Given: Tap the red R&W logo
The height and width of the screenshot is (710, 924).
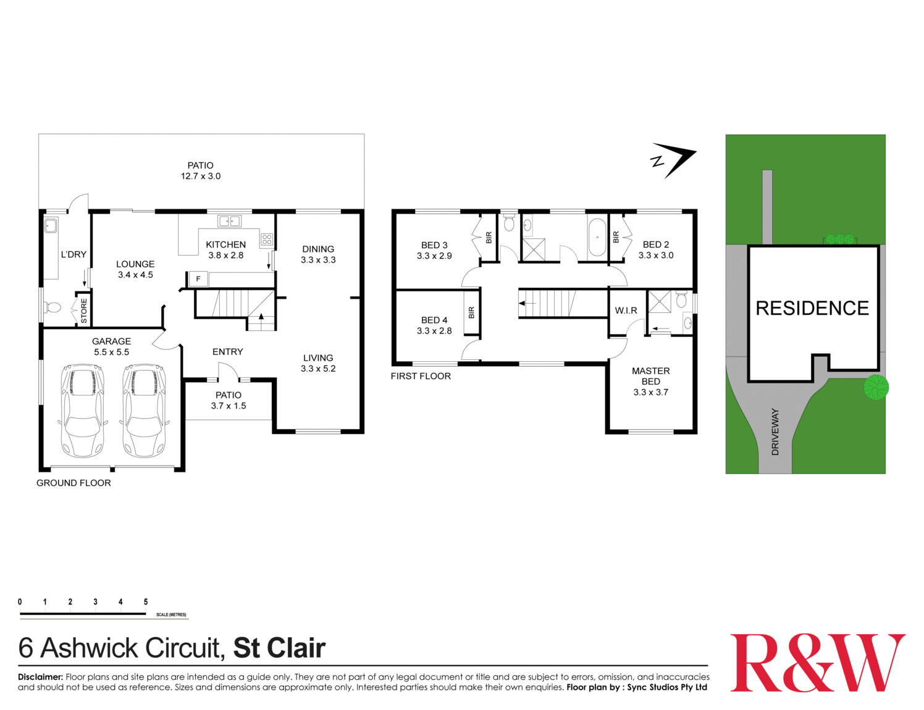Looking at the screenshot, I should tap(817, 662).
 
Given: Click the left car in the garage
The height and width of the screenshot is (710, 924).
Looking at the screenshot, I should tap(83, 411).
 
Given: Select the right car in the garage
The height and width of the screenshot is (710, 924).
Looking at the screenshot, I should tap(144, 411).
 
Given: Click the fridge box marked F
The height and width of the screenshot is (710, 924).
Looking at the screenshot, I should tap(198, 279).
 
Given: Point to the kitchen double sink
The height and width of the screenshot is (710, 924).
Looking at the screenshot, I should tap(229, 221).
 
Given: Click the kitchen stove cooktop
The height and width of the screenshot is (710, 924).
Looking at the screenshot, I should tap(267, 240).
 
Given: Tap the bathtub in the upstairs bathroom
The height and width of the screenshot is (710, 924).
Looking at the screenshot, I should tap(597, 237).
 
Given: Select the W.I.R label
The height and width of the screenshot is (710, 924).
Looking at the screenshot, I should tap(626, 311).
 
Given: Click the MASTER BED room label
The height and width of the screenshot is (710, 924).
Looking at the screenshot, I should tap(650, 376).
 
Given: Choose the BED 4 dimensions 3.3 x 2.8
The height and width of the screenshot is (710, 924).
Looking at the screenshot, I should tap(434, 331).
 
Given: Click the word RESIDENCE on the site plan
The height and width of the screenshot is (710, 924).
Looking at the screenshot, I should tap(812, 308).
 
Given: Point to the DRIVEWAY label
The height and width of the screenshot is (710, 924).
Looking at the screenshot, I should tap(775, 432).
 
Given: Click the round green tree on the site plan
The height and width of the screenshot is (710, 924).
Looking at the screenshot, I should tap(876, 387).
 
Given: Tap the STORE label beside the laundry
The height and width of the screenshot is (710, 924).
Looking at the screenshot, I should tap(84, 311).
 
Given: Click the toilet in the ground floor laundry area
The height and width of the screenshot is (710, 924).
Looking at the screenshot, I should tap(53, 307).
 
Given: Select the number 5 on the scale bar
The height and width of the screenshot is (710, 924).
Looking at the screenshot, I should tap(146, 602).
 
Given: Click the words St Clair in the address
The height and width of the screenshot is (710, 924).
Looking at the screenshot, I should tap(279, 648).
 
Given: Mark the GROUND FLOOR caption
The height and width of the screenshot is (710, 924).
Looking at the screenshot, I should tap(73, 483).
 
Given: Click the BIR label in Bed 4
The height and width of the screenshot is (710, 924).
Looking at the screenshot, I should tap(471, 313).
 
